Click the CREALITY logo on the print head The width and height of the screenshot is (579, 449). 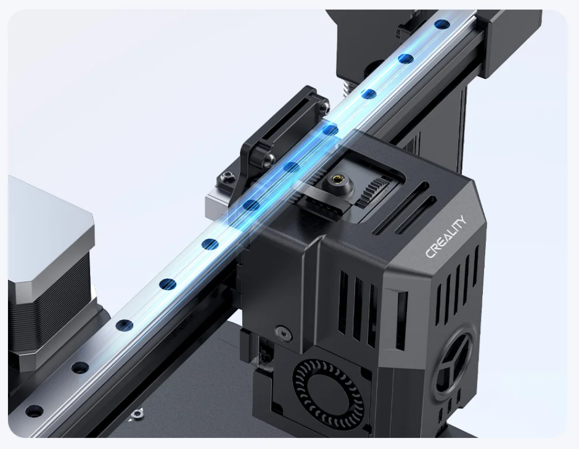point(446,237)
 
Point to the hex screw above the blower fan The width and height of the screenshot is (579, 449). point(283,332)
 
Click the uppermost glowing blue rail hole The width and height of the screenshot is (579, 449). point(442,25)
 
